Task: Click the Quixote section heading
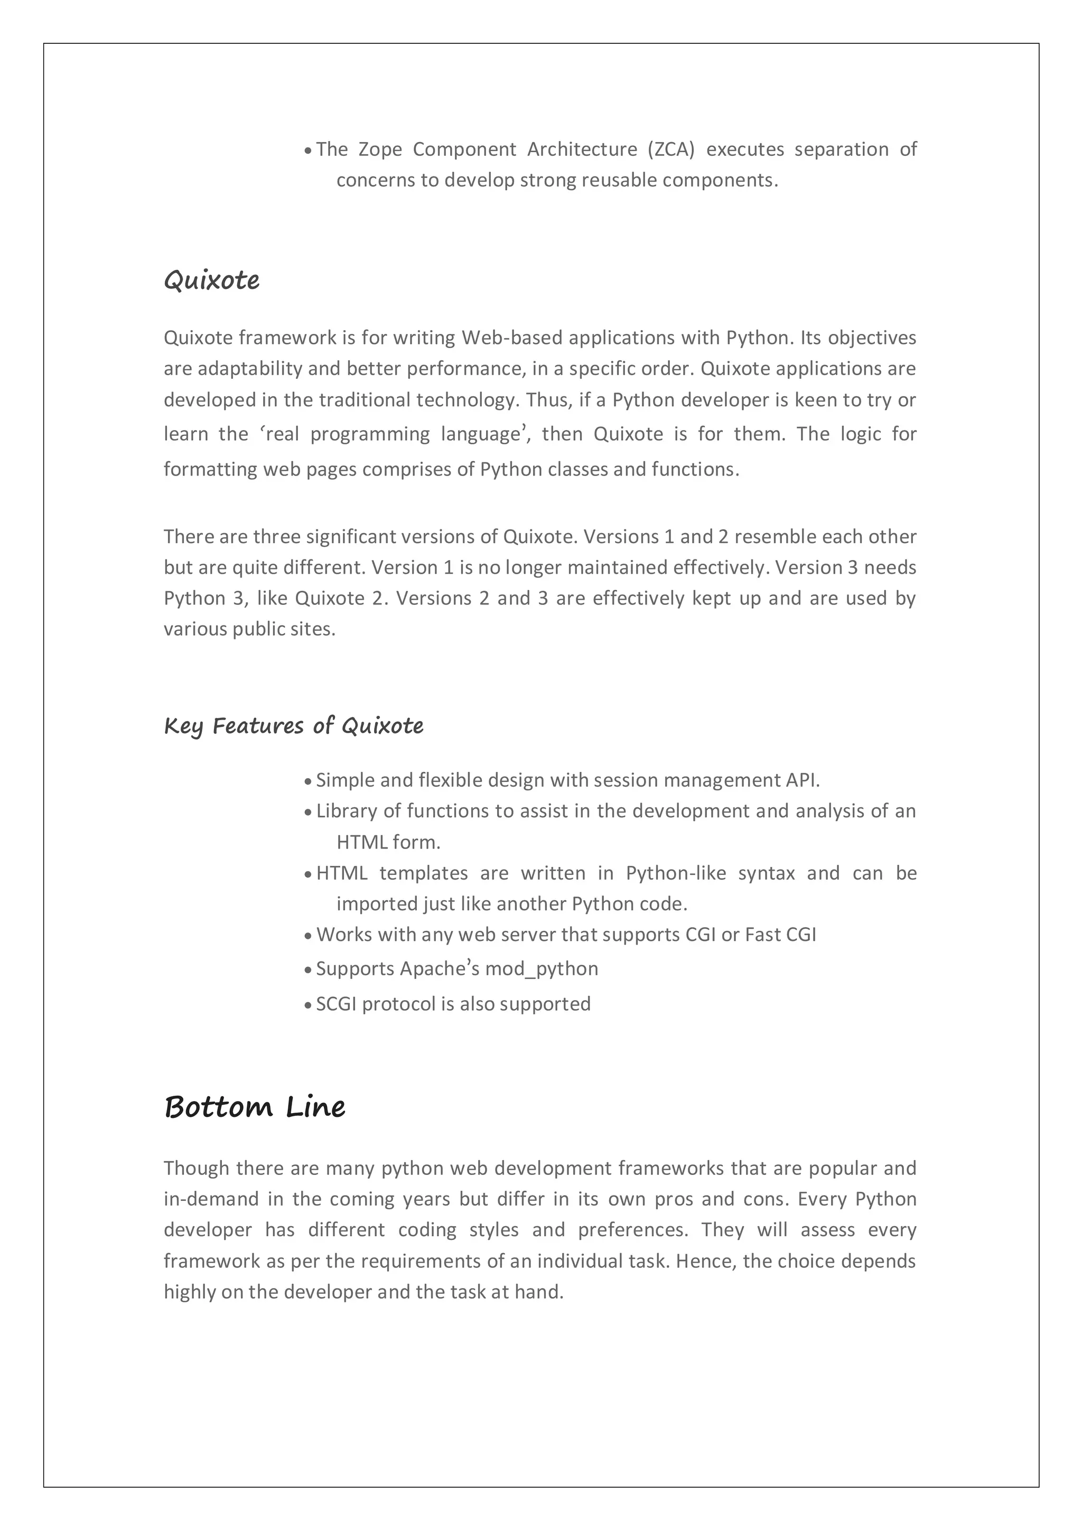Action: point(211,281)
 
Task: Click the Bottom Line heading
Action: point(255,1107)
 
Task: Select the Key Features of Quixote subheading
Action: point(293,726)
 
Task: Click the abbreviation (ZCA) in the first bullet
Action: point(670,150)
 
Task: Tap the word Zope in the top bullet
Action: point(380,150)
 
